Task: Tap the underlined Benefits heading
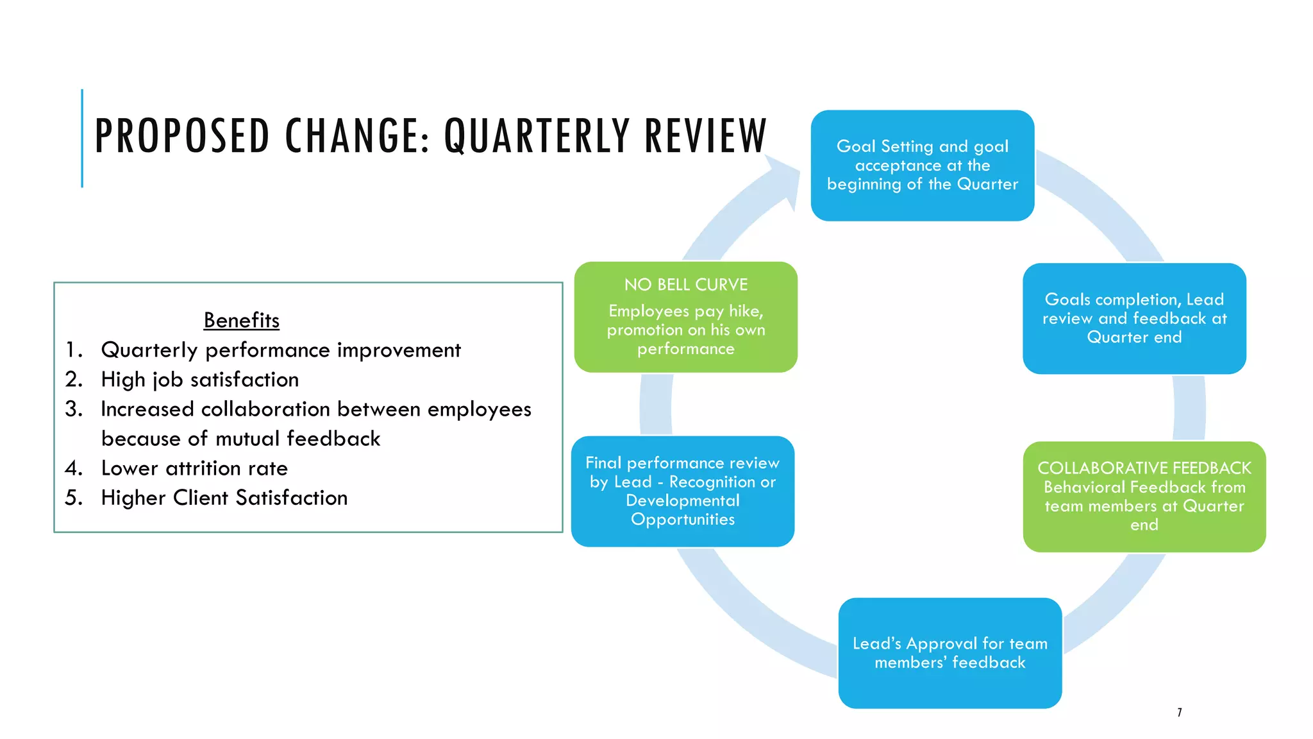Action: click(241, 320)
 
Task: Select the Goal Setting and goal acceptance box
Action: click(922, 166)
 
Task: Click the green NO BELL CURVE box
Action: click(685, 317)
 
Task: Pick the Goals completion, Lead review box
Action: click(1133, 318)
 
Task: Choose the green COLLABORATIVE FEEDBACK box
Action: click(1144, 496)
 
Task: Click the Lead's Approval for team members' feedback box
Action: click(949, 652)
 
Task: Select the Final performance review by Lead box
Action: click(682, 491)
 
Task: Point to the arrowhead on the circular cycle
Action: click(785, 180)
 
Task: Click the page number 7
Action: click(1179, 712)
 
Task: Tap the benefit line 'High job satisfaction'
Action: click(199, 380)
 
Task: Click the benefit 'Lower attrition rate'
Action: click(194, 468)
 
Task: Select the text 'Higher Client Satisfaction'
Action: click(224, 498)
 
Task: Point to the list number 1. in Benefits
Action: click(74, 350)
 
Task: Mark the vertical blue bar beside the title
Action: click(82, 138)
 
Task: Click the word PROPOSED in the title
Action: click(182, 136)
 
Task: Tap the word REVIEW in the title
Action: click(705, 136)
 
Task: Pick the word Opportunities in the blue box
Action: click(682, 519)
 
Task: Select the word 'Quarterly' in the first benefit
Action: click(149, 350)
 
